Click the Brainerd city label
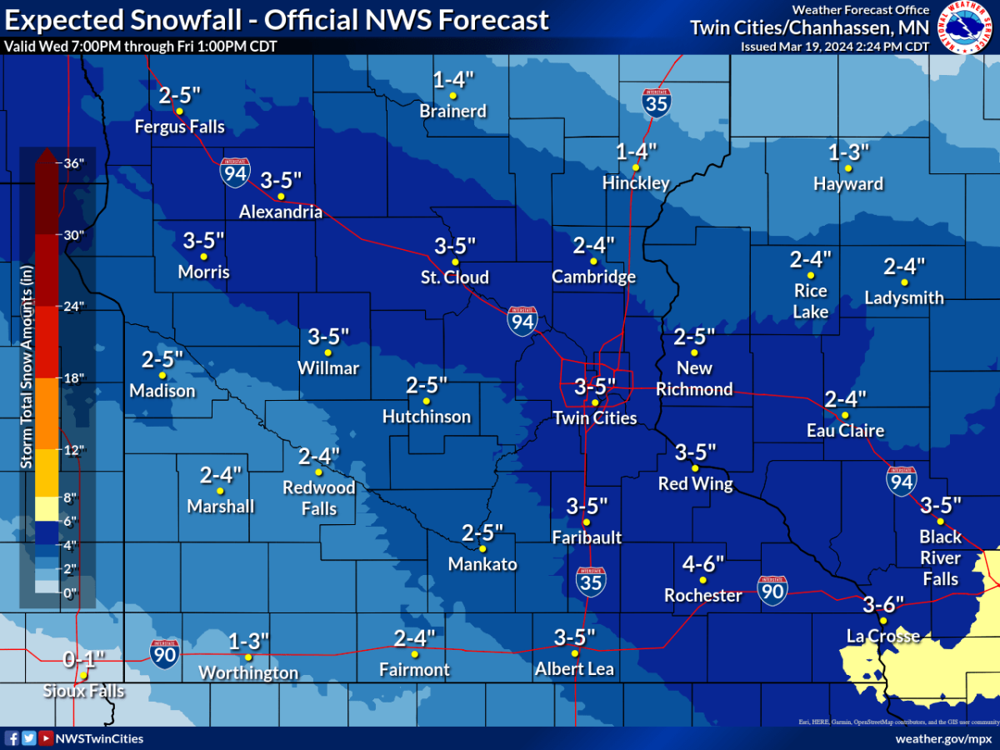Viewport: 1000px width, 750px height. tap(452, 111)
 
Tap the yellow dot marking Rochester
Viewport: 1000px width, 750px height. tap(702, 580)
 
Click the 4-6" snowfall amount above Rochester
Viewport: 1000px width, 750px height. tap(703, 563)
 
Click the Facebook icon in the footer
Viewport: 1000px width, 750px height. tap(12, 738)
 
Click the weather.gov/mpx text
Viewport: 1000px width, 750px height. tap(941, 739)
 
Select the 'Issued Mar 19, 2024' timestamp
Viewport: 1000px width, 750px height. tap(834, 47)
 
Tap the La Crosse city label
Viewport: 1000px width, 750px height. tap(882, 637)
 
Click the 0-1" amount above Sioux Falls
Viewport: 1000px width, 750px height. tap(84, 660)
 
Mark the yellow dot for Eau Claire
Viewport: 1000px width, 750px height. tap(844, 415)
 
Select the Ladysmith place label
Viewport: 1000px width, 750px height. tap(904, 297)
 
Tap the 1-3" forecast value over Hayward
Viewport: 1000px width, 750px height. tap(848, 152)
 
